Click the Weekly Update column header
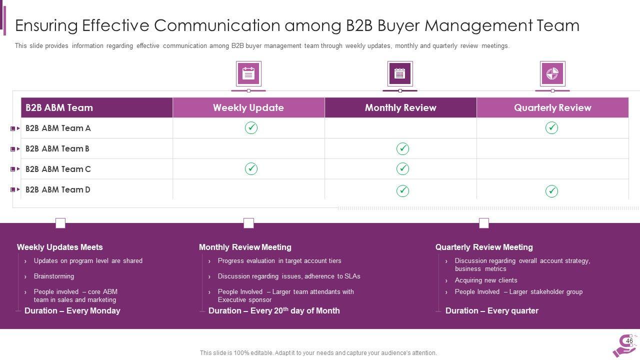coord(248,107)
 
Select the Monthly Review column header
coord(400,107)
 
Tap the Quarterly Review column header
coord(552,107)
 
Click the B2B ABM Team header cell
coord(59,107)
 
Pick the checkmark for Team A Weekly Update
coord(251,128)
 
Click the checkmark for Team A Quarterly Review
coord(551,128)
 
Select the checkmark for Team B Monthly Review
coord(402,148)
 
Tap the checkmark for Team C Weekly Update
coord(251,169)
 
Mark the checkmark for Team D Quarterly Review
coord(551,191)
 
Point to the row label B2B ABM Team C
coord(58,169)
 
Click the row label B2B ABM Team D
coord(58,189)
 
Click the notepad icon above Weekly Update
coord(248,74)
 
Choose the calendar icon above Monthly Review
coord(399,74)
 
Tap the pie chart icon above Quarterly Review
coord(552,74)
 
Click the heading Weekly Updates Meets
coord(59,247)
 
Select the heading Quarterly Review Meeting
coord(484,247)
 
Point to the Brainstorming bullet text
coord(54,276)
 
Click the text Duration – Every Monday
coord(72,310)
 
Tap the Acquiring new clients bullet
coord(486,280)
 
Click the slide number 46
coord(629,341)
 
